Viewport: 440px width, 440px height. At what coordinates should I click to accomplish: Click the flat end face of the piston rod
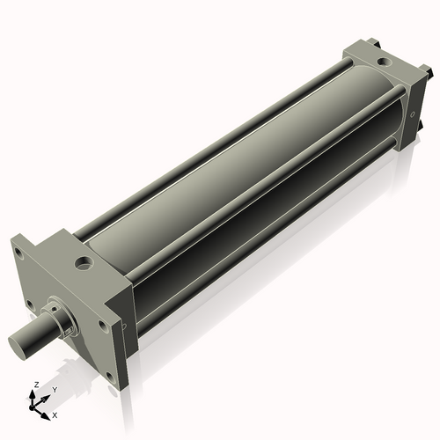tap(18, 341)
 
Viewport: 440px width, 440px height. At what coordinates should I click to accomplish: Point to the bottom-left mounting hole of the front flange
tap(29, 305)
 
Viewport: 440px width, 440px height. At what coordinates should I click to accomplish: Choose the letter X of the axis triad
tap(55, 414)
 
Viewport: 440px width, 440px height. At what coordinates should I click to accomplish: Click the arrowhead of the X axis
tap(48, 412)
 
